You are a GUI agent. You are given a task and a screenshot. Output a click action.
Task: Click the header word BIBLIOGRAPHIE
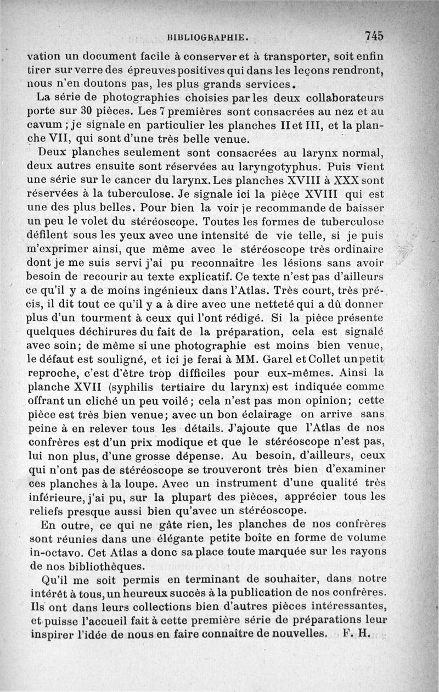(209, 38)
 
